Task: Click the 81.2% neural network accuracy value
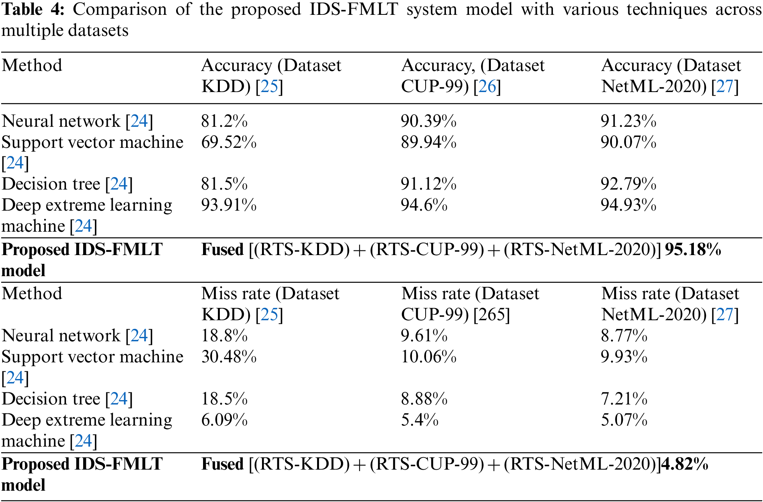point(224,121)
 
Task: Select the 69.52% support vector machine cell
point(229,142)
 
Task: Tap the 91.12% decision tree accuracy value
point(428,184)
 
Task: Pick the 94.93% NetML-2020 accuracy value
point(628,205)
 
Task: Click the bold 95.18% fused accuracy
point(693,250)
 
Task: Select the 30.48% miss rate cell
point(229,357)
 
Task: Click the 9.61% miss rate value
point(424,336)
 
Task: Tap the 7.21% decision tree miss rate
point(624,399)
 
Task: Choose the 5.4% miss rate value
point(420,420)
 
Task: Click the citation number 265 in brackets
point(492,315)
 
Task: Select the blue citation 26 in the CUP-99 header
point(487,87)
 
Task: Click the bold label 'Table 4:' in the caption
point(33,9)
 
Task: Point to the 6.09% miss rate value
point(224,420)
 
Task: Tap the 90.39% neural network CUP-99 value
point(428,121)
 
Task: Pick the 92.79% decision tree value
point(628,184)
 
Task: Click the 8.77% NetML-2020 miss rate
point(624,336)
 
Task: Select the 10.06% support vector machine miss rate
point(428,357)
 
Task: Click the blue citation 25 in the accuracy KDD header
point(269,87)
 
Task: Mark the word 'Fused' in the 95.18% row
point(222,250)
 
